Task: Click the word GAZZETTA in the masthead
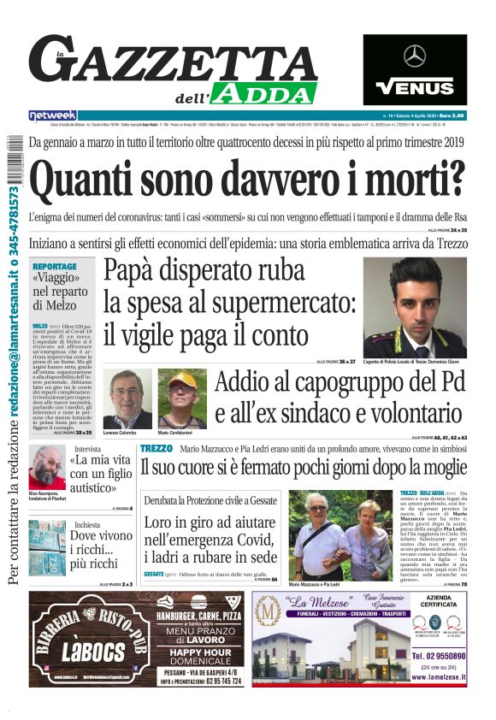click(x=171, y=62)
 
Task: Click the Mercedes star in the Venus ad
click(x=414, y=56)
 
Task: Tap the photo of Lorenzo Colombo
click(x=127, y=398)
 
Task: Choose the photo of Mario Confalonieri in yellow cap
click(x=181, y=398)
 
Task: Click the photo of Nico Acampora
click(x=46, y=468)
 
